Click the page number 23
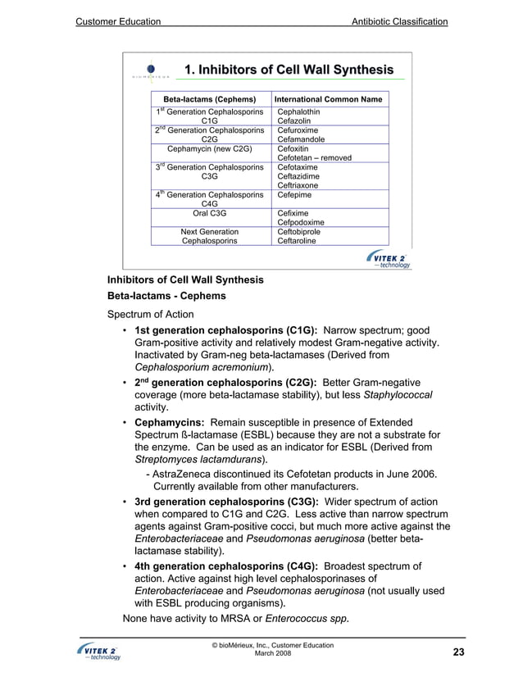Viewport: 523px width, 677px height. pos(458,652)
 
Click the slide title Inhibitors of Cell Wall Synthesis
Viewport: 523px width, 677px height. pos(289,70)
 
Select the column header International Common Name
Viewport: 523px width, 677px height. pos(328,99)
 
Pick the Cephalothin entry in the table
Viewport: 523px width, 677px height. pos(299,111)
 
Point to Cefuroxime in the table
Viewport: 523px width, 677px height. pos(298,130)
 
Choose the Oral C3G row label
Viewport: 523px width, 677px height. pos(209,213)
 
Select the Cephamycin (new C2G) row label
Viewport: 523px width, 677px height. pos(209,149)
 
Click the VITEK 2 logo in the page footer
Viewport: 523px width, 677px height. pos(99,652)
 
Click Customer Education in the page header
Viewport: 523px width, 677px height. pos(117,20)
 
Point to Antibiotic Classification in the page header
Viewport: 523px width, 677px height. pos(399,20)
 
